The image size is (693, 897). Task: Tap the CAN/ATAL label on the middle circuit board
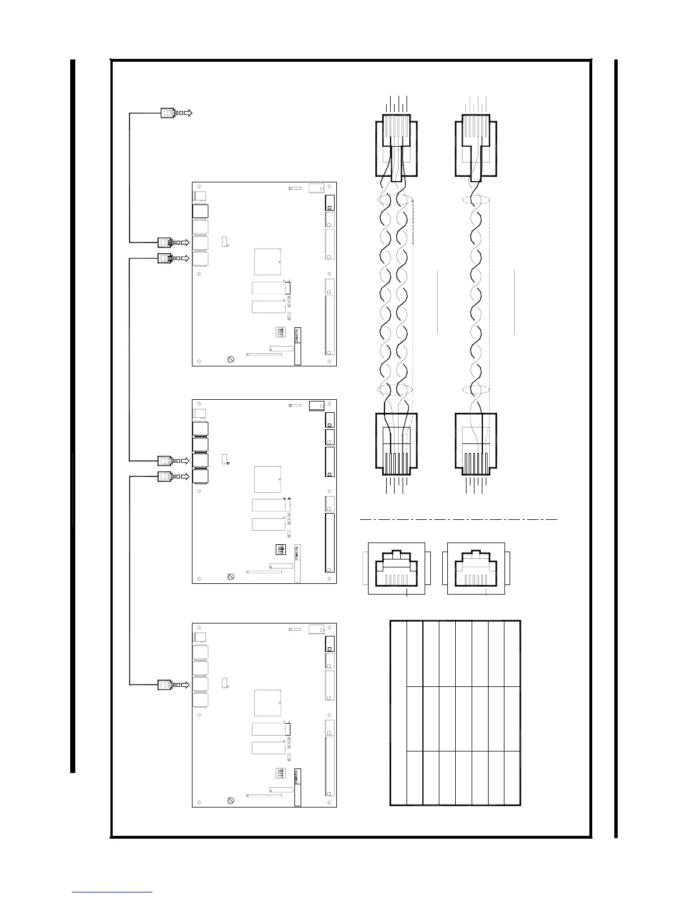coord(298,553)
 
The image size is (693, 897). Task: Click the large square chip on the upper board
coord(267,262)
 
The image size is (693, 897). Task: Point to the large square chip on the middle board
coord(267,479)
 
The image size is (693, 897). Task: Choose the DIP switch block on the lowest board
coord(281,774)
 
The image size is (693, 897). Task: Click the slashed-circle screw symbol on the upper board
coord(231,360)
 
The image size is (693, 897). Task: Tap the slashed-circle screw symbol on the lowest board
coord(231,800)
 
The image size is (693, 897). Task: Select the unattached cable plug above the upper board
coord(168,113)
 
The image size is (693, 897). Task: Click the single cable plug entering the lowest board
coord(165,685)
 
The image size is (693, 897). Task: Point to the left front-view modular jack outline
coord(396,568)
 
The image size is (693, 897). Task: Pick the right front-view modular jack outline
coord(476,568)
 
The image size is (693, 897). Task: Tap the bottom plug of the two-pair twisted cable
coord(396,443)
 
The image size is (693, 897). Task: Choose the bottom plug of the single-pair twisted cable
coord(476,443)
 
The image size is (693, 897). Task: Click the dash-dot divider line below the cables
coord(459,519)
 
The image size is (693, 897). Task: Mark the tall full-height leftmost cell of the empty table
coord(399,712)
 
